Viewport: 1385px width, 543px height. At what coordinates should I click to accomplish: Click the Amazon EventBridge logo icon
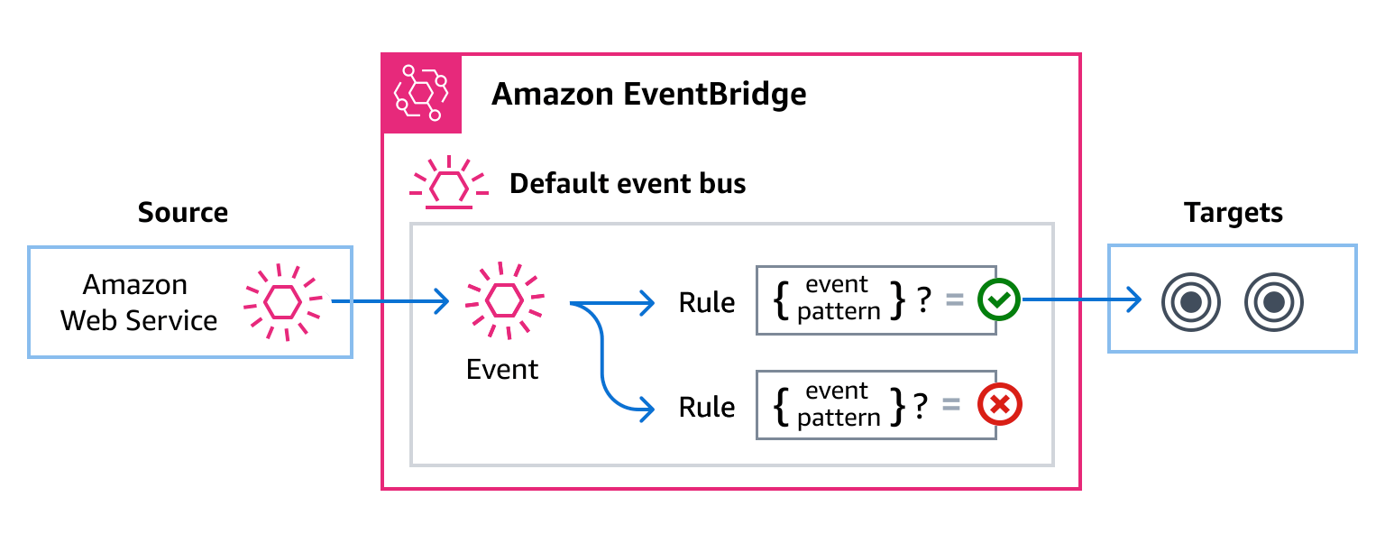click(421, 94)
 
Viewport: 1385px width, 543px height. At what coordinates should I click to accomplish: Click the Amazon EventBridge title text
click(648, 94)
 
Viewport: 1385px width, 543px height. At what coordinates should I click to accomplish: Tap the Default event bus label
click(628, 184)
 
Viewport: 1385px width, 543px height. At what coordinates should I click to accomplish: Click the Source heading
click(183, 213)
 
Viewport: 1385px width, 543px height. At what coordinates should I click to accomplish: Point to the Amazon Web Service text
click(138, 302)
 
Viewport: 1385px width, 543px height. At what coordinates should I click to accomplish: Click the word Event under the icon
click(502, 370)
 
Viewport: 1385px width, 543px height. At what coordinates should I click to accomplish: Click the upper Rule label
click(707, 303)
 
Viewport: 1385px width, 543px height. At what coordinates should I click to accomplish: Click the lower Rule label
click(707, 408)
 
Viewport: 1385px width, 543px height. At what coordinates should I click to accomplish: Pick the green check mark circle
click(999, 301)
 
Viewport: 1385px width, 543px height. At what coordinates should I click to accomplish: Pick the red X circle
click(999, 407)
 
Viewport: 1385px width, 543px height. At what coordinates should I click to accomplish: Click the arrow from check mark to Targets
click(1078, 301)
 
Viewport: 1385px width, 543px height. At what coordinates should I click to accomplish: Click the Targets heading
click(1233, 213)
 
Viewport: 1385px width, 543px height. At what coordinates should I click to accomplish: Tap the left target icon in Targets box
click(1190, 302)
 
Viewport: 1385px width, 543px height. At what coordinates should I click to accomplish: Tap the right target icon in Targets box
click(1273, 302)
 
